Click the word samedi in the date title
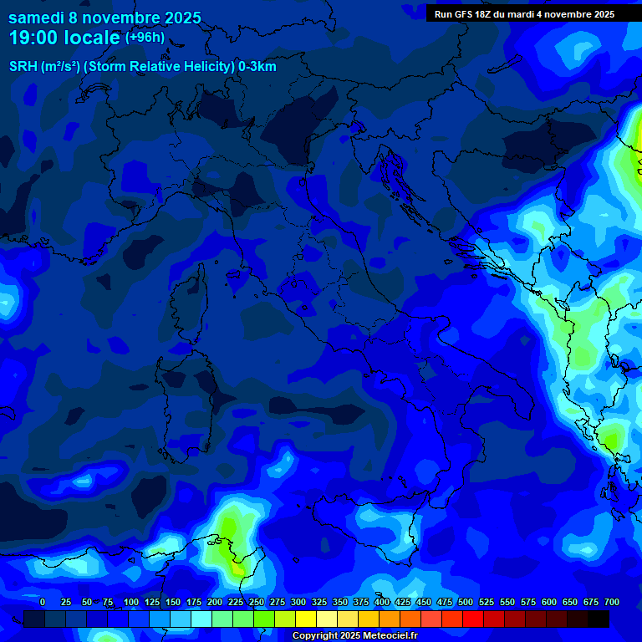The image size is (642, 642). pyautogui.click(x=36, y=18)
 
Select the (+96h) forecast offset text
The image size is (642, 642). pyautogui.click(x=145, y=38)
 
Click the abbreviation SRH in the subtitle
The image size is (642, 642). pyautogui.click(x=23, y=67)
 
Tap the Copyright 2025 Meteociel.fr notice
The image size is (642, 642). pyautogui.click(x=354, y=635)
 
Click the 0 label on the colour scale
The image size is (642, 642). pyautogui.click(x=43, y=602)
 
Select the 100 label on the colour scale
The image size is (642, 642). pyautogui.click(x=130, y=602)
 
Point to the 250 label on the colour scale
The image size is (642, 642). pyautogui.click(x=256, y=602)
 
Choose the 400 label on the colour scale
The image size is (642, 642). pyautogui.click(x=381, y=602)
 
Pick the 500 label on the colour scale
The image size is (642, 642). pyautogui.click(x=465, y=602)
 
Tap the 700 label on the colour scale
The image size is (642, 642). pyautogui.click(x=611, y=602)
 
